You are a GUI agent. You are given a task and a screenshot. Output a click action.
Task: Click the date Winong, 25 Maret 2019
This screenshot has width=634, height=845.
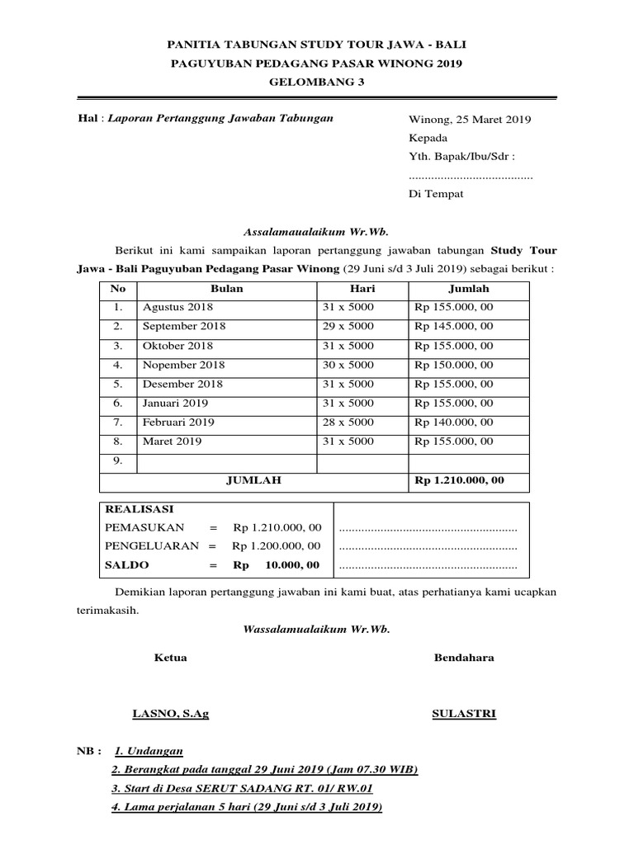(470, 119)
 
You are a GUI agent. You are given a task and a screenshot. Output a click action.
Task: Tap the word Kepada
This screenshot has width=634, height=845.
(428, 138)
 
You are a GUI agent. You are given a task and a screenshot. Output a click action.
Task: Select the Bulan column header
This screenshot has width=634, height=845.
(227, 289)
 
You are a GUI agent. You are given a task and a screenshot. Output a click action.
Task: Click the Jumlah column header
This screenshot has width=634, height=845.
(468, 289)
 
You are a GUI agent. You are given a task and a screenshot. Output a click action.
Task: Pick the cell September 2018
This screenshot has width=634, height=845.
(184, 326)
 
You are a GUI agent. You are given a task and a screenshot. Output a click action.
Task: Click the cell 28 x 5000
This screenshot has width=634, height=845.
(348, 422)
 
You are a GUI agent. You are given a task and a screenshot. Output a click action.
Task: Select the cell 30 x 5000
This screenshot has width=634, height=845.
(348, 364)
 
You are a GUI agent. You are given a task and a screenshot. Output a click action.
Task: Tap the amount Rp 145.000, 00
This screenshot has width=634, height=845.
(454, 326)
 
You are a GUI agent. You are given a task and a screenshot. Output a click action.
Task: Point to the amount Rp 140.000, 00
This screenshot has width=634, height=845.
(454, 422)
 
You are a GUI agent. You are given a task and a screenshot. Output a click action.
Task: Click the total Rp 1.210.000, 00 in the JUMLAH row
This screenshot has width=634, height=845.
(459, 479)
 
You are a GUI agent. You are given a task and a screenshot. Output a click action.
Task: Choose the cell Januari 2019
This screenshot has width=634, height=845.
(175, 403)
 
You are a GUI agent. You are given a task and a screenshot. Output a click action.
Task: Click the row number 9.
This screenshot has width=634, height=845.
(118, 460)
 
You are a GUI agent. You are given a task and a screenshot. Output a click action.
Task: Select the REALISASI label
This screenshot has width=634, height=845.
(140, 509)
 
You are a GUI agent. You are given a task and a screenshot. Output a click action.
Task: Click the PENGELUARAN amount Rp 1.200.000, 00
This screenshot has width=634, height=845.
(277, 545)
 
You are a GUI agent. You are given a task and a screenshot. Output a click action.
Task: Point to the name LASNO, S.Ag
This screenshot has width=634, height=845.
(171, 714)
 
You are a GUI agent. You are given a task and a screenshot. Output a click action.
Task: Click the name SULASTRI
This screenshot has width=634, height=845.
(464, 714)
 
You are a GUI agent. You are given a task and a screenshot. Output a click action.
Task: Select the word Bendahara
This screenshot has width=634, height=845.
(464, 658)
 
